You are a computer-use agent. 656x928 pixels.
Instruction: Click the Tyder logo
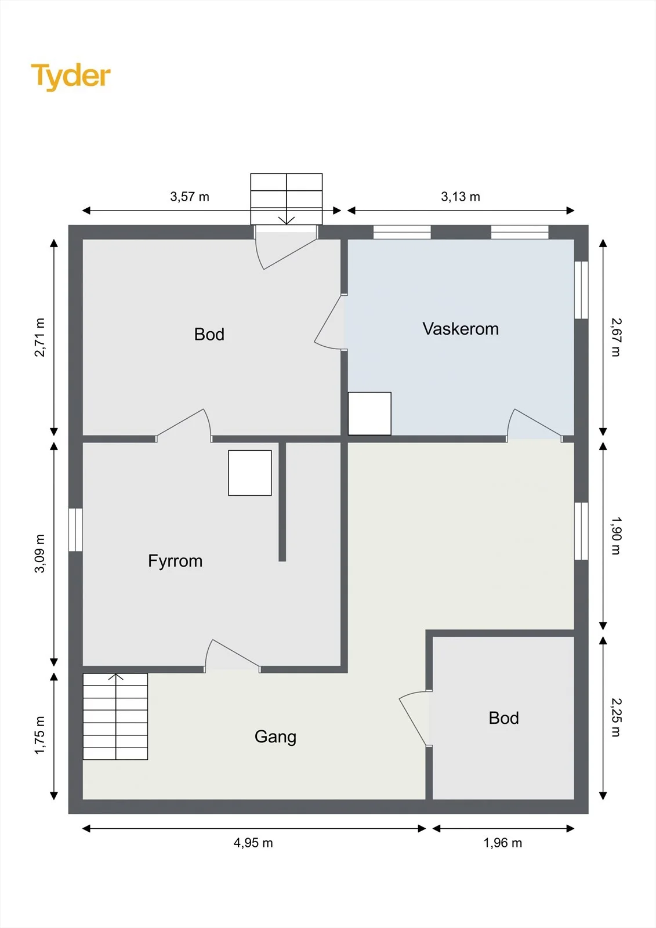(71, 77)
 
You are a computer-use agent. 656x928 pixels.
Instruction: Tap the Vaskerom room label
(461, 328)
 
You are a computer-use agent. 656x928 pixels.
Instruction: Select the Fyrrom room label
(175, 561)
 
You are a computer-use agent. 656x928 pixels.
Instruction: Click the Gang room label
(275, 737)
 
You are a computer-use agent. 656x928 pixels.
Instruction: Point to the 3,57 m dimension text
(190, 197)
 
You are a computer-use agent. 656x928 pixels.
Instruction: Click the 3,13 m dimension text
(461, 197)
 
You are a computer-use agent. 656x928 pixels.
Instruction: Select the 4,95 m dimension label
(253, 843)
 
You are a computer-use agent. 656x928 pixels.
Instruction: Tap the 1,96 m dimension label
(503, 843)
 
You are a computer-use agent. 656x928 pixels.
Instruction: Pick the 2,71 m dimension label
(40, 337)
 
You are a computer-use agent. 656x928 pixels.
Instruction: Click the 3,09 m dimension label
(40, 553)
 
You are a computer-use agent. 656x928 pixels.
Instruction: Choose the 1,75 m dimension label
(40, 735)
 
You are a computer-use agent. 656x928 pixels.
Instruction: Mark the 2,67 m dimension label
(616, 337)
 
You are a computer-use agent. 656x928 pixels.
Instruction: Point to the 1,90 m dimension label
(616, 536)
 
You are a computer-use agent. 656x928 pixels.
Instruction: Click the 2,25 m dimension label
(616, 717)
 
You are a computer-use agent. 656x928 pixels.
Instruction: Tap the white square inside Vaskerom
(369, 414)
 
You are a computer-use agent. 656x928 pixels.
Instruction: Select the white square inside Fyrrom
(250, 473)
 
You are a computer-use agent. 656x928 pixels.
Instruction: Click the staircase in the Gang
(115, 716)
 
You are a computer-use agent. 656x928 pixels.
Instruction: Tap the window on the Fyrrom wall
(75, 530)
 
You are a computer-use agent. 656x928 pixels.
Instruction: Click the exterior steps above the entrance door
(287, 199)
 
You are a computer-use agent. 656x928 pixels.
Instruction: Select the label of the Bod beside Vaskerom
(209, 334)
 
